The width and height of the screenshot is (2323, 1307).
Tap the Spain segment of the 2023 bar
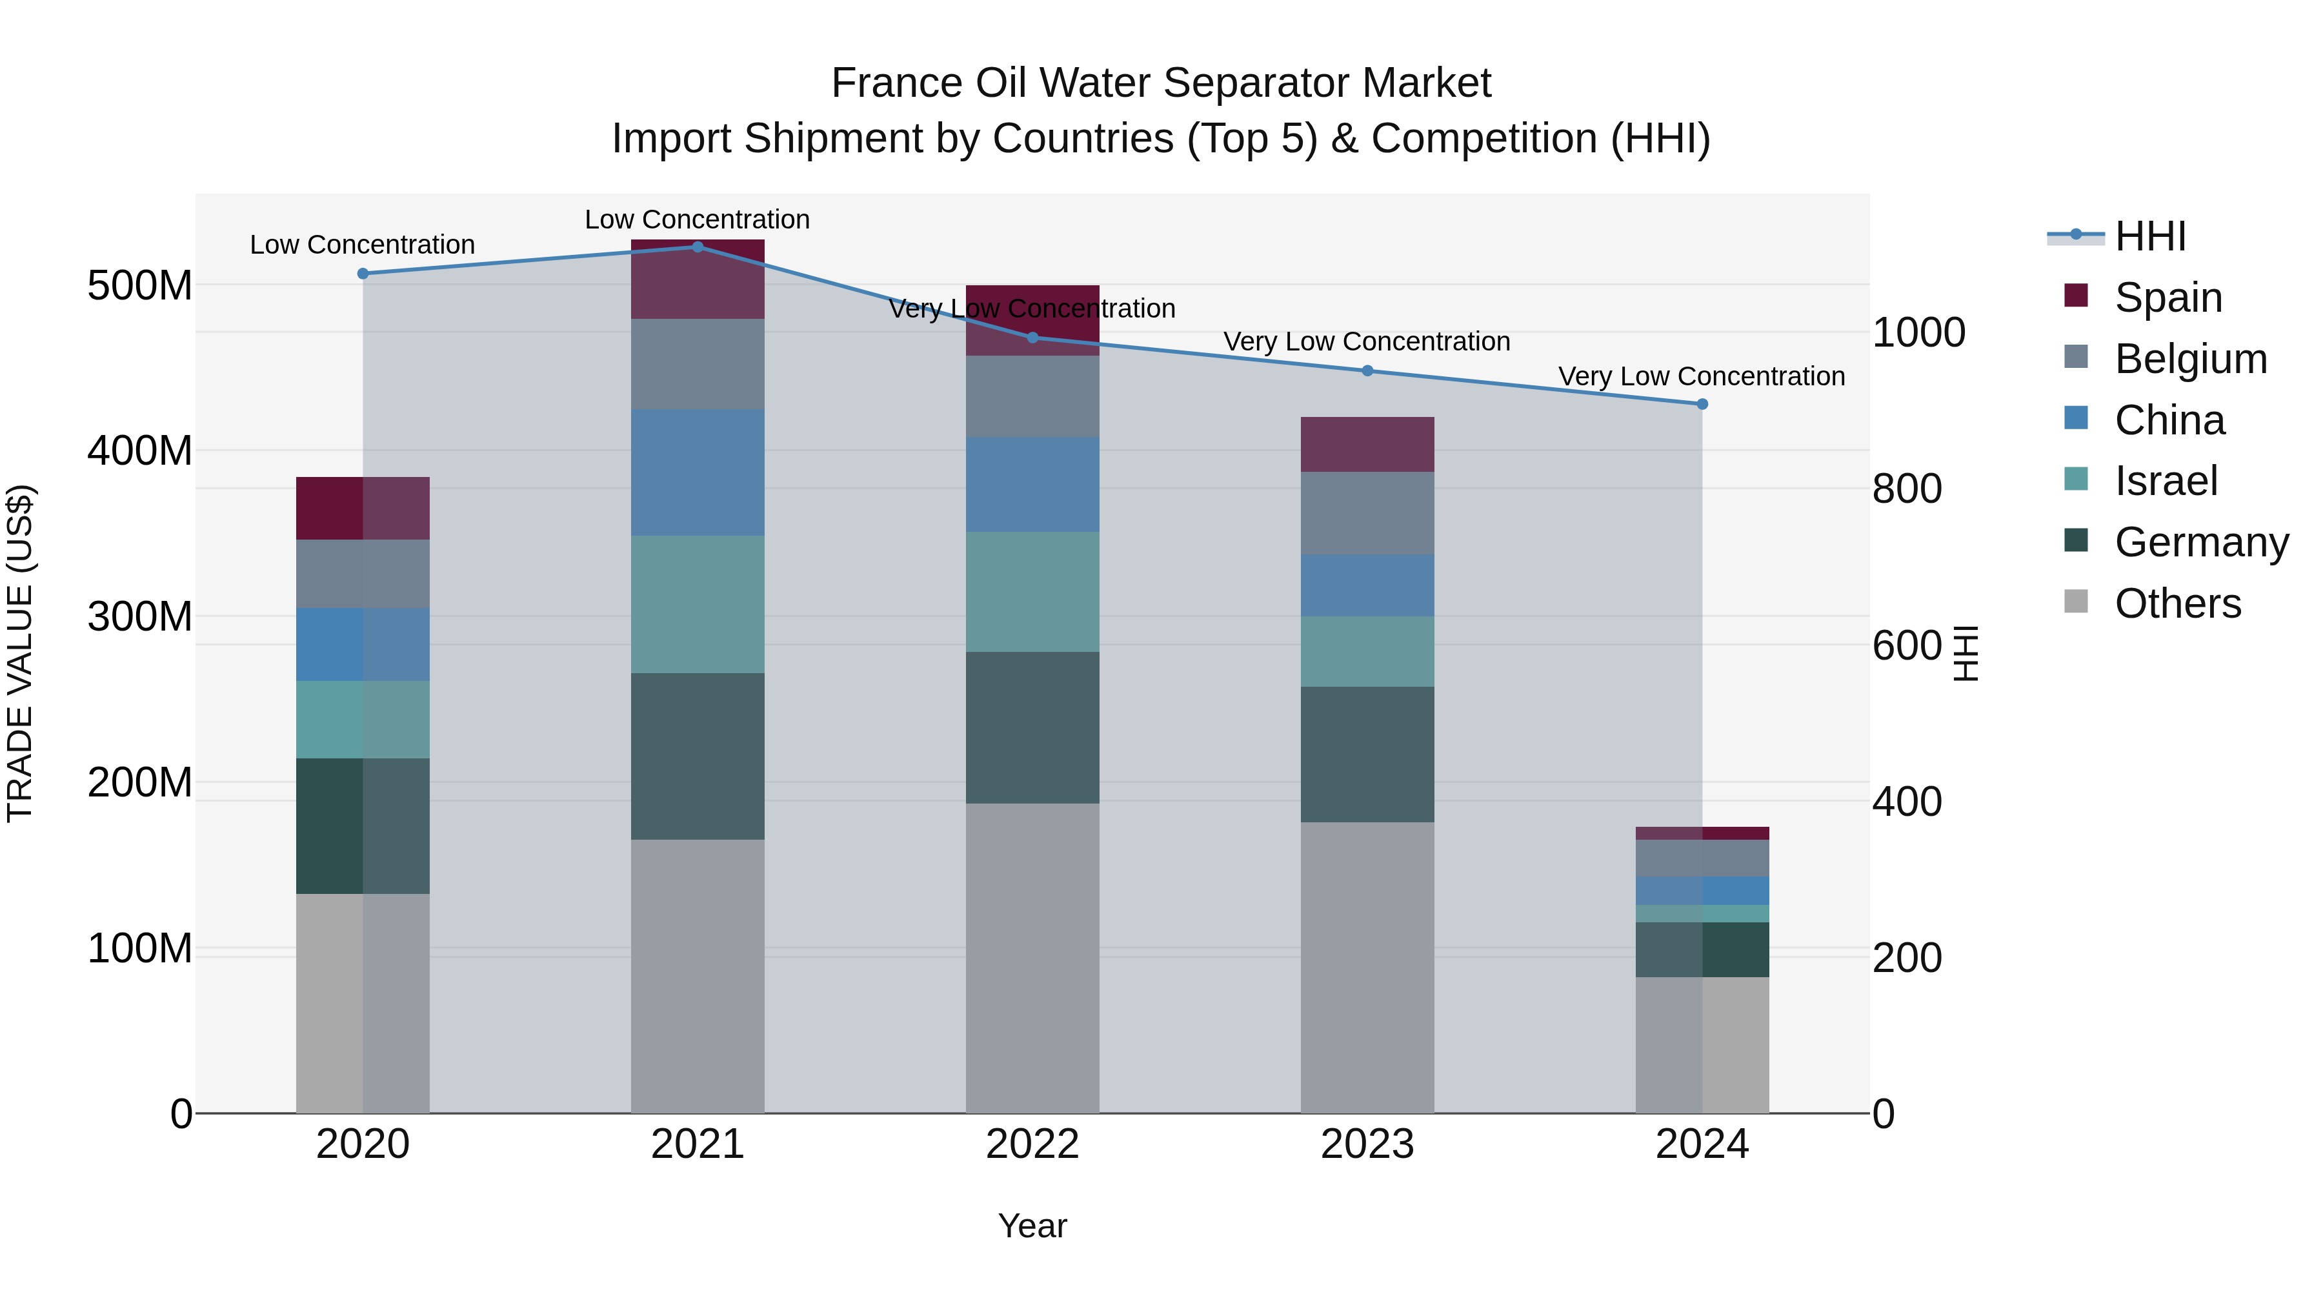(1367, 444)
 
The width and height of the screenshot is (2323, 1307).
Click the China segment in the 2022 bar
(1032, 484)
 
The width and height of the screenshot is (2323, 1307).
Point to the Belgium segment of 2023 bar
(1367, 512)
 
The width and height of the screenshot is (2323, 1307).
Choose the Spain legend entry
(2168, 297)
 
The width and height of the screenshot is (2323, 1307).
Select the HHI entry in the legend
(2150, 236)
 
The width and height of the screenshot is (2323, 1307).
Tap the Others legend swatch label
(2177, 603)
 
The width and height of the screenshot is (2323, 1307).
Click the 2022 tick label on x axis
(1032, 1144)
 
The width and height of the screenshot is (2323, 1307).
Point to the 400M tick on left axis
(140, 450)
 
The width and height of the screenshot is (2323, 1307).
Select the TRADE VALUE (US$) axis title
(21, 653)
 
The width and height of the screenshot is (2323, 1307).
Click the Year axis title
(1032, 1226)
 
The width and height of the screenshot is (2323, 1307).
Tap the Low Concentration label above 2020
(363, 245)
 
